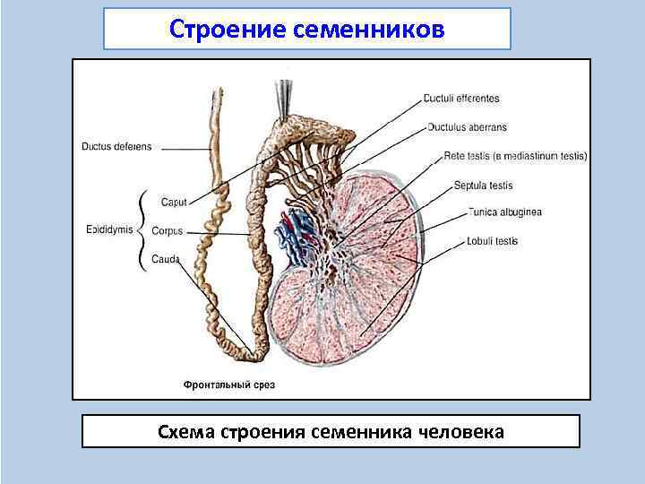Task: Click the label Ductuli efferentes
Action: pos(462,99)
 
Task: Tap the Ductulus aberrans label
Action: pos(462,127)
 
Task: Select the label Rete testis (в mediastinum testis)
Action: pos(515,156)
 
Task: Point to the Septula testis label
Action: pos(484,185)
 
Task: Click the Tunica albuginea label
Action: pos(504,212)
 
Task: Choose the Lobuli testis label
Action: pos(492,241)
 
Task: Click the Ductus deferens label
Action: pos(116,147)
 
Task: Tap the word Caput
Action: pos(174,203)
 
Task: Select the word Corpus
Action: pos(167,231)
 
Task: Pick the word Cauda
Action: pos(167,259)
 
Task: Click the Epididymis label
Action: pos(108,229)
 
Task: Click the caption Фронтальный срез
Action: pos(229,385)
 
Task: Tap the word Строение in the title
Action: pos(227,30)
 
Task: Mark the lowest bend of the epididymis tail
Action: pos(254,356)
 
